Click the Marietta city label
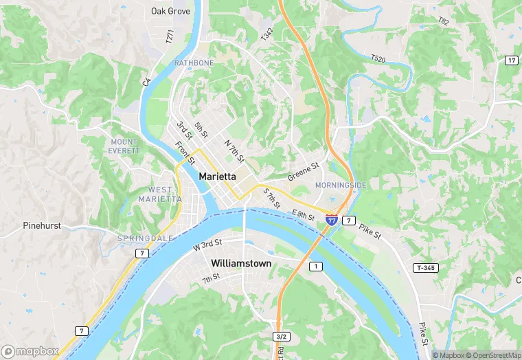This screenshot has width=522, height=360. tap(218, 177)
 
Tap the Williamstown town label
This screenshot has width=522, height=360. tap(241, 264)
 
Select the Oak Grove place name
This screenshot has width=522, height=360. tap(170, 11)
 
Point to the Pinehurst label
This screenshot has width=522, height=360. tap(43, 225)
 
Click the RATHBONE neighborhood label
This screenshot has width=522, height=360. tap(194, 63)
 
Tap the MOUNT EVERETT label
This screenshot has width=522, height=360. tap(124, 146)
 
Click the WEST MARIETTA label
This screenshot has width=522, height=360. tap(160, 194)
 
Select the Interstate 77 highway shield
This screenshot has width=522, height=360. tap(332, 220)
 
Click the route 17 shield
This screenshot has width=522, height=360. tap(511, 61)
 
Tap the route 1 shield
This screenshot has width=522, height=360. tap(315, 266)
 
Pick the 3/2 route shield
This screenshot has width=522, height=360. tap(280, 337)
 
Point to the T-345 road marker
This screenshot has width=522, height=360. tap(427, 267)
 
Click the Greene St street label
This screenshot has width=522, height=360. tap(304, 171)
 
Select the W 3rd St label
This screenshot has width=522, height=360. tap(207, 244)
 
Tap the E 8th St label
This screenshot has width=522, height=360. tap(302, 214)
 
